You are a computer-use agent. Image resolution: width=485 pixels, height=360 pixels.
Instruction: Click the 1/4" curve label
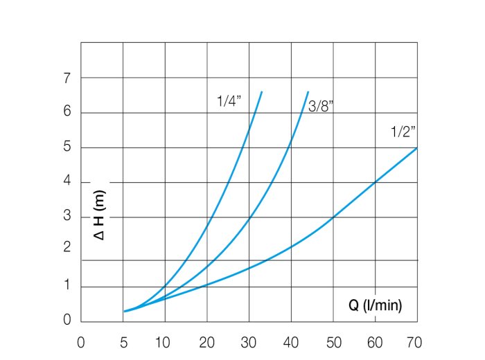pyautogui.click(x=228, y=100)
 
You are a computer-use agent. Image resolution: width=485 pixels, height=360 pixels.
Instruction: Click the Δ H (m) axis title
pyautogui.click(x=100, y=217)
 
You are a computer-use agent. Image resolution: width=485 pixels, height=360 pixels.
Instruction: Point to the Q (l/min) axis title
pyautogui.click(x=375, y=305)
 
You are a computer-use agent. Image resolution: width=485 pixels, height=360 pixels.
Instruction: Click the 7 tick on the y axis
pyautogui.click(x=67, y=78)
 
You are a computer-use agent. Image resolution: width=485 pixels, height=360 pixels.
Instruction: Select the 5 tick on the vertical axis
pyautogui.click(x=67, y=147)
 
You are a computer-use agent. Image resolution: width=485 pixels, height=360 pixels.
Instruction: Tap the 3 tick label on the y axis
pyautogui.click(x=67, y=217)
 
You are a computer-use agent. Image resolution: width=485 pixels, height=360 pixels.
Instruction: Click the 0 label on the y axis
pyautogui.click(x=67, y=321)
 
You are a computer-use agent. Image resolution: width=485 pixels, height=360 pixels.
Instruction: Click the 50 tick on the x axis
pyautogui.click(x=333, y=342)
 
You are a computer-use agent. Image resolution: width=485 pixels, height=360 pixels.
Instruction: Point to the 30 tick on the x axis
pyautogui.click(x=249, y=342)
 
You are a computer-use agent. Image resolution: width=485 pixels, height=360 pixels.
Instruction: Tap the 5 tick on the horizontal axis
pyautogui.click(x=123, y=342)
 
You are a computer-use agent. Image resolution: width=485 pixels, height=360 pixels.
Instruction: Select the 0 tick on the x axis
pyautogui.click(x=81, y=342)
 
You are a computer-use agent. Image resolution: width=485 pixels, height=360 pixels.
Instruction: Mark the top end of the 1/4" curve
pyautogui.click(x=261, y=91)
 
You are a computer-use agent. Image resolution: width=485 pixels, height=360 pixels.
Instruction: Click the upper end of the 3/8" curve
pyautogui.click(x=308, y=91)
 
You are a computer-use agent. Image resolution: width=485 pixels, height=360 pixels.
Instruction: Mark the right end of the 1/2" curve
pyautogui.click(x=417, y=147)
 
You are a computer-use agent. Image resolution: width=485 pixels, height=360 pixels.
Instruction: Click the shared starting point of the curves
pyautogui.click(x=124, y=312)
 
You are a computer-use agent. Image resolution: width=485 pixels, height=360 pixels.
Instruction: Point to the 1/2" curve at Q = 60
pyautogui.click(x=376, y=182)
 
